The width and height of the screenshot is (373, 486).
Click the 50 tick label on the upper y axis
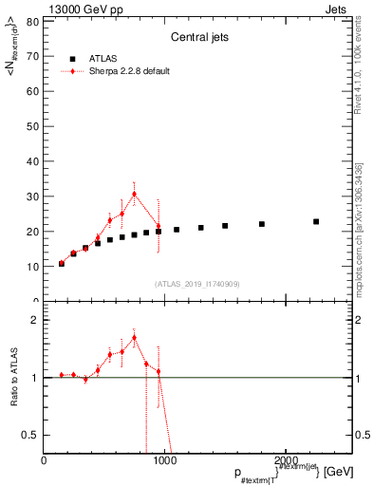[34, 126]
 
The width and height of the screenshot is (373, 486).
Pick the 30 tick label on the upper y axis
[34, 196]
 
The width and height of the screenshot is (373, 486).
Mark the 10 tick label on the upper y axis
[34, 267]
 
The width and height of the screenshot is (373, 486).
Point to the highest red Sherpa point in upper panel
[134, 195]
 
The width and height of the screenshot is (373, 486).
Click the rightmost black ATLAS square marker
[316, 221]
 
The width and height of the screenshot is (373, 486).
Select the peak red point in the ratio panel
[134, 337]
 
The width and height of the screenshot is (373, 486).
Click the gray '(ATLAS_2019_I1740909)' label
[197, 284]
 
